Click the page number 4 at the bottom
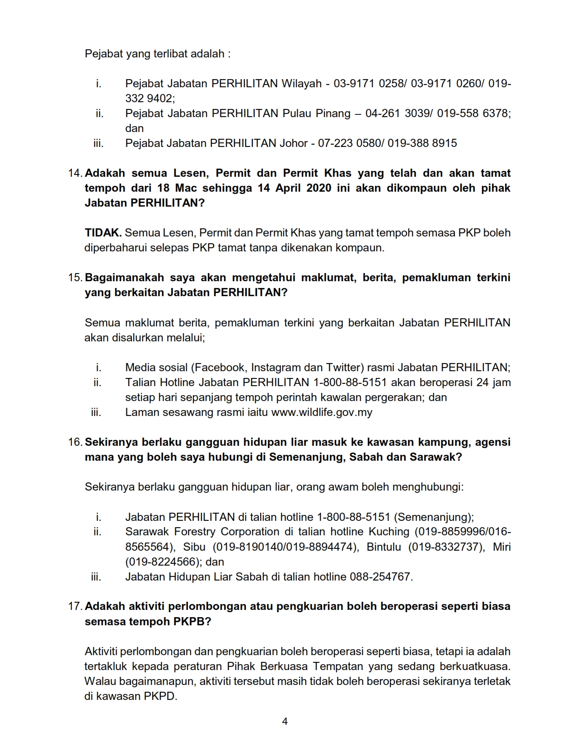tap(285, 721)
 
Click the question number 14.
tap(75, 173)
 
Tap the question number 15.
tap(75, 278)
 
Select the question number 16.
tap(75, 442)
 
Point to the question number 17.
tap(75, 606)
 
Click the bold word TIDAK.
tap(103, 233)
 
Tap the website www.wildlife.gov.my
tap(322, 412)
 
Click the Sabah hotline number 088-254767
tap(380, 577)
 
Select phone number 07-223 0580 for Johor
tap(348, 143)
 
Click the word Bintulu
tap(384, 547)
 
